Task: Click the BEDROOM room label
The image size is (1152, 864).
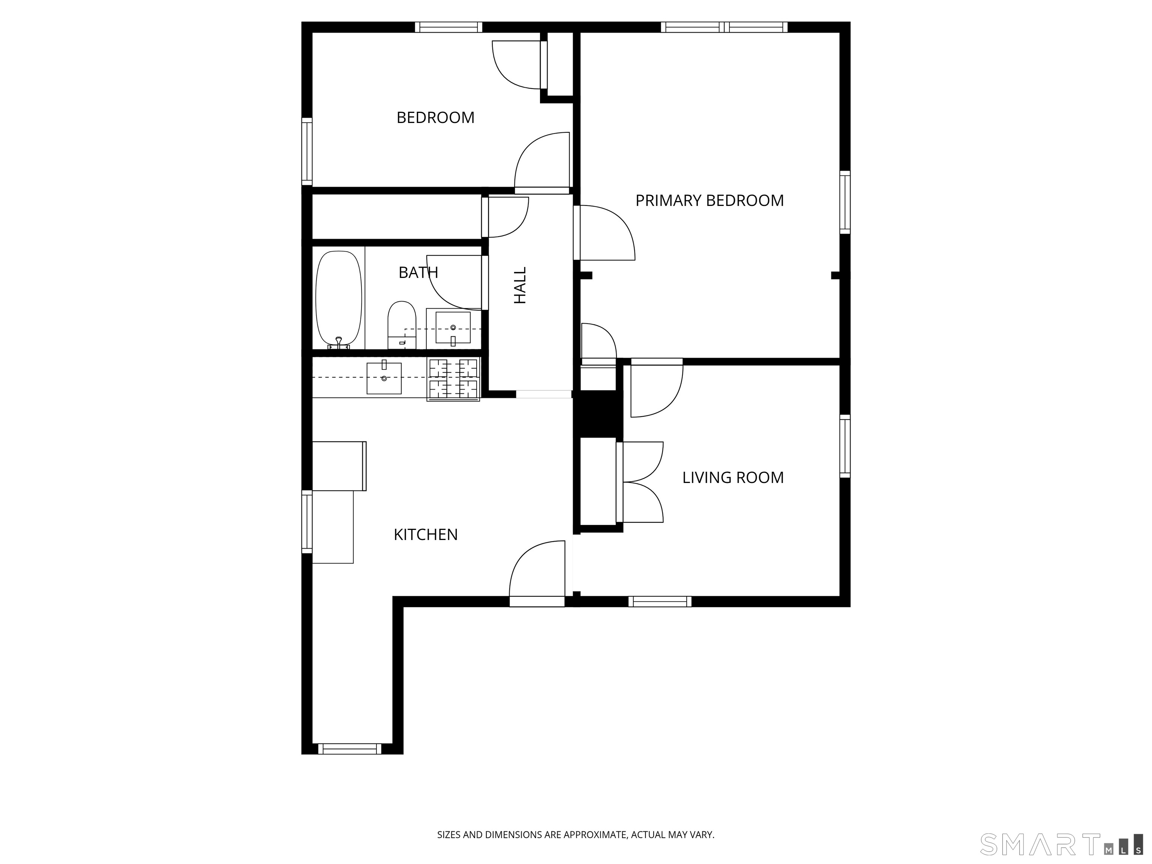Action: pos(435,118)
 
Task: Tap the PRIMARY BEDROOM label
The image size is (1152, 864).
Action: pos(709,201)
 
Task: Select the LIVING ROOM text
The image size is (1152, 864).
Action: pos(733,478)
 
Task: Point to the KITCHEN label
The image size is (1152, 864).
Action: pos(426,535)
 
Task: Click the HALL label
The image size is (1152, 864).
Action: pos(520,285)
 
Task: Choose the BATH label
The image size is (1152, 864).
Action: pos(418,272)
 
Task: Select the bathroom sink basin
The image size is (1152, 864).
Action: pos(453,328)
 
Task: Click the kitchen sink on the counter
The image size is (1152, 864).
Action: pos(384,378)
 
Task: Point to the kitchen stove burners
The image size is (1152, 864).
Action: pos(453,379)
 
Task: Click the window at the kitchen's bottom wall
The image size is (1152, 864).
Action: pos(349,749)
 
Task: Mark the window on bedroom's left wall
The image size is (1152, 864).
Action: pos(307,151)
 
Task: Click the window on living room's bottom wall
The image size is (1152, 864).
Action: pos(660,601)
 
